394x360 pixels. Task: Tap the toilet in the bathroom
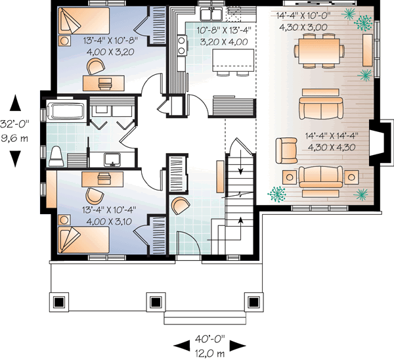click(x=56, y=154)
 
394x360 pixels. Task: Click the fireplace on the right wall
click(x=377, y=142)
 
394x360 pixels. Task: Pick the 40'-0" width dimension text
click(x=209, y=339)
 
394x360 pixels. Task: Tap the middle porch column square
click(x=156, y=302)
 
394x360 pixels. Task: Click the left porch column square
click(x=59, y=302)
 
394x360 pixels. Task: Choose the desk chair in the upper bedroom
click(x=96, y=65)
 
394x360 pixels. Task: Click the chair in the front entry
click(x=179, y=206)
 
